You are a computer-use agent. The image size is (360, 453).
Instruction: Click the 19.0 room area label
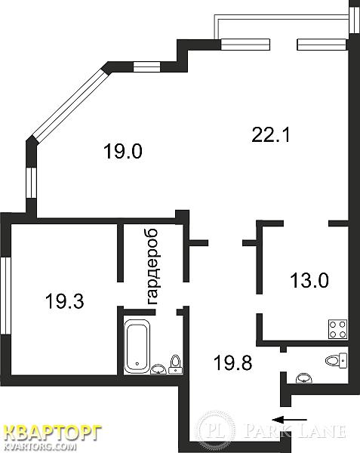[123, 152]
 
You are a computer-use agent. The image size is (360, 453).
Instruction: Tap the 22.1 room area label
[270, 135]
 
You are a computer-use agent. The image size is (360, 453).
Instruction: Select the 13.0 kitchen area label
[309, 281]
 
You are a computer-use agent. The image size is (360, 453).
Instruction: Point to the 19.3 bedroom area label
[65, 301]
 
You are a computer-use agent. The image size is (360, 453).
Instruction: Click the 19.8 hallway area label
[233, 363]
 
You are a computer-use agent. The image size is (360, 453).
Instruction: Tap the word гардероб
[152, 267]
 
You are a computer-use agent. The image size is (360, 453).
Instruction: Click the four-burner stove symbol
[337, 329]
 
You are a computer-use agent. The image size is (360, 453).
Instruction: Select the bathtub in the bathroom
[137, 347]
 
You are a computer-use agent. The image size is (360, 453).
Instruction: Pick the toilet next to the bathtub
[175, 365]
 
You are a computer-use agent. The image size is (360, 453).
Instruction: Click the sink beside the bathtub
[158, 369]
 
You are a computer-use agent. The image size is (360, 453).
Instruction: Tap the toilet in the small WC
[336, 360]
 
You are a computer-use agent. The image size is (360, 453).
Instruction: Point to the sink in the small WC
[303, 378]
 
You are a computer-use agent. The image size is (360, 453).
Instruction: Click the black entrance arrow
[289, 419]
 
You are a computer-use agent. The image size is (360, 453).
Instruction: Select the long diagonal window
[69, 105]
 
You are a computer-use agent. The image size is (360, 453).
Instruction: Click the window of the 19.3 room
[5, 295]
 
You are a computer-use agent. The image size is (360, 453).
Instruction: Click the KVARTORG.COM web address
[39, 447]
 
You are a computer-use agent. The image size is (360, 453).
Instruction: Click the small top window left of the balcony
[146, 66]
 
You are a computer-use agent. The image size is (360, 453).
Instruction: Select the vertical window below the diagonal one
[31, 183]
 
